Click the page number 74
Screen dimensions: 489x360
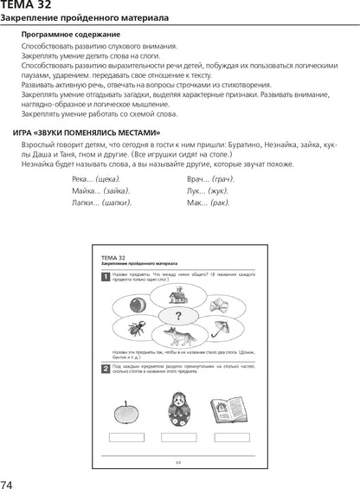8,482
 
